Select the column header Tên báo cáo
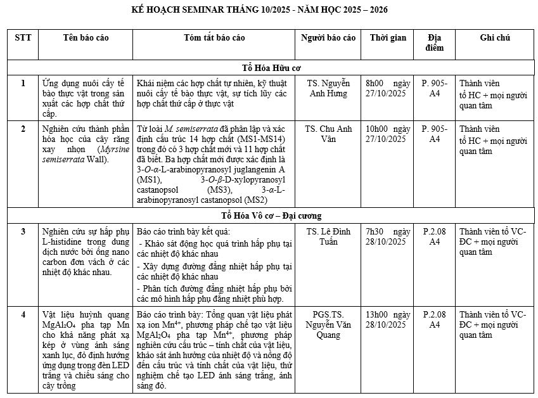point(86,38)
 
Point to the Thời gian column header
point(388,38)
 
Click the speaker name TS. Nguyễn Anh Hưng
point(328,88)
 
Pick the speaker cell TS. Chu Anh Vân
point(328,134)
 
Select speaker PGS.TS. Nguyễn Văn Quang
point(328,324)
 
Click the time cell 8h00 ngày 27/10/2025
point(388,88)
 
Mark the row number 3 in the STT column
point(23,231)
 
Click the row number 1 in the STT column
point(23,83)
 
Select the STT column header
point(23,38)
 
